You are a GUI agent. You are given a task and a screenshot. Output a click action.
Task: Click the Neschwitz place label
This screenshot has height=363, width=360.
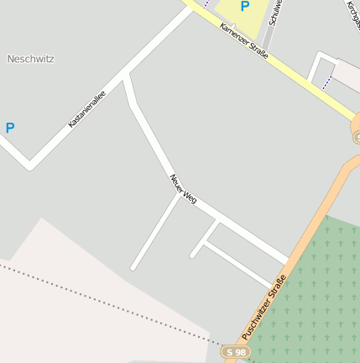tap(30, 59)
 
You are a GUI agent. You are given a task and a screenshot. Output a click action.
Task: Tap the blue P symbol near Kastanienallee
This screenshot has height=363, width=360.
tap(10, 129)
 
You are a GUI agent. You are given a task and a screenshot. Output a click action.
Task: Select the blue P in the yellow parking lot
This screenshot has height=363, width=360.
tap(245, 7)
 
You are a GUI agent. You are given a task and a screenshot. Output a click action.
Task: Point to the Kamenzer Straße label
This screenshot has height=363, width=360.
tap(244, 39)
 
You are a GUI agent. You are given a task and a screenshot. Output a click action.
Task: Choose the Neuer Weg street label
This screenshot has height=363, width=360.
tap(183, 188)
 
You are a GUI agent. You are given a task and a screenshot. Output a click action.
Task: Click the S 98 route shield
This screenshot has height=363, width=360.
tap(237, 352)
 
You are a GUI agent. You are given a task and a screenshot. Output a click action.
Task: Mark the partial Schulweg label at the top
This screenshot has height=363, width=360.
tap(274, 12)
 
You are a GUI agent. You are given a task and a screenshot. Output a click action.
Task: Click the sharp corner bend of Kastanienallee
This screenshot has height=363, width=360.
tap(30, 165)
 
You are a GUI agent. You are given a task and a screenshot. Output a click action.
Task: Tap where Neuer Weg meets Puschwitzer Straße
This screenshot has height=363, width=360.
tap(288, 261)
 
